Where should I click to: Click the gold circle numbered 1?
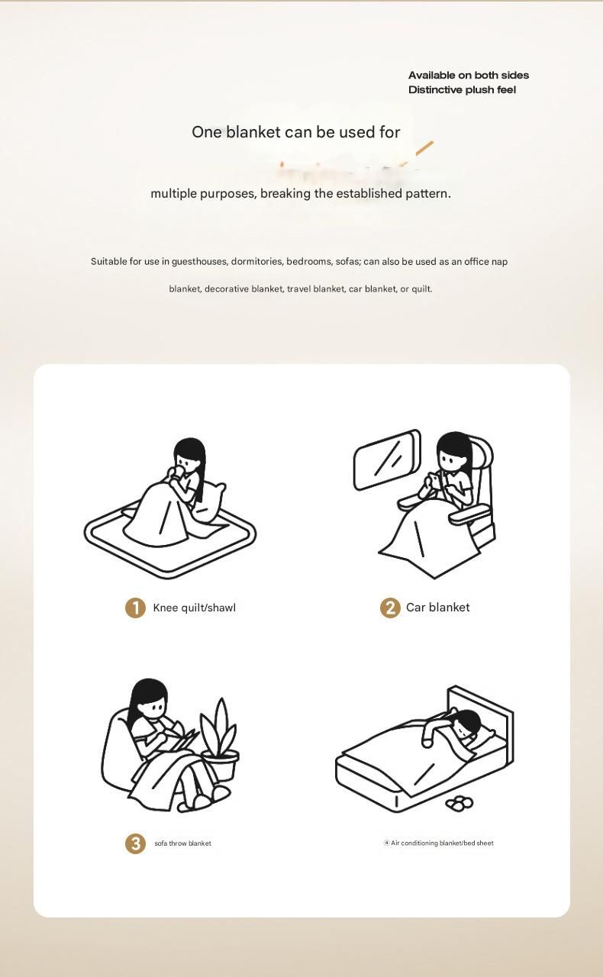tap(135, 608)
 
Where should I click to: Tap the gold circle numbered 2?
tap(390, 608)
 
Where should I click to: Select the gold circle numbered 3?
tap(135, 843)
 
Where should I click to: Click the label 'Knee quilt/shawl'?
tap(194, 608)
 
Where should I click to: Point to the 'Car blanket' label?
tap(437, 607)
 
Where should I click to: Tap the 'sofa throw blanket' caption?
tap(183, 843)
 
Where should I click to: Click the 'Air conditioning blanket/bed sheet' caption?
tap(438, 843)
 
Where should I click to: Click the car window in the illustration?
tap(387, 459)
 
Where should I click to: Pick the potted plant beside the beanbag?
tap(220, 740)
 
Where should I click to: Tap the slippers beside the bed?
tap(459, 802)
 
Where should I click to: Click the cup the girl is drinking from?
tap(178, 472)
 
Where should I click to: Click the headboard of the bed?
tap(481, 711)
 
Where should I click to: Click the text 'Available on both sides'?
tap(469, 75)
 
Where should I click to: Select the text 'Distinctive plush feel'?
tap(462, 90)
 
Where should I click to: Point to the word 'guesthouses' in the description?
tap(199, 262)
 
